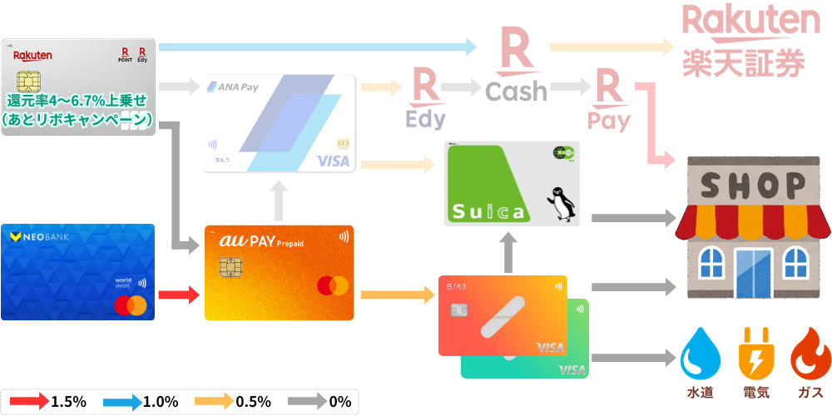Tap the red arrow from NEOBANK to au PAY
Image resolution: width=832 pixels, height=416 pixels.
click(x=178, y=294)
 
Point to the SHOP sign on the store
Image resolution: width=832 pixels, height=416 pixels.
click(x=753, y=183)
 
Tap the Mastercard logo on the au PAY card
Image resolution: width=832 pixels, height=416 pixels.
click(x=332, y=285)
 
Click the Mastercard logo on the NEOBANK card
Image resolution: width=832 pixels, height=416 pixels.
click(x=130, y=306)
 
